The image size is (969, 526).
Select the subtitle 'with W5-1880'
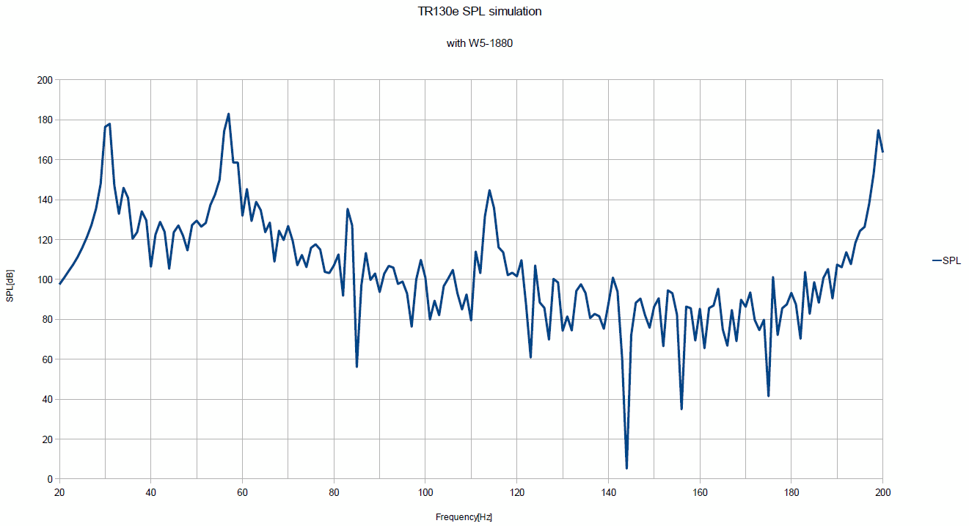coord(479,43)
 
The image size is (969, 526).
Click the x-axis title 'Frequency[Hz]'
coord(464,517)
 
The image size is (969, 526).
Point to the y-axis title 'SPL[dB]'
coord(10,286)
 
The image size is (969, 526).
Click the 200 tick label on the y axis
coord(45,80)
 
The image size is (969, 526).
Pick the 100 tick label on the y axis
coord(45,280)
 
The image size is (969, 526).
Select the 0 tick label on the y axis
coord(49,479)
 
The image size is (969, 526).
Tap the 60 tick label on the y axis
coord(47,359)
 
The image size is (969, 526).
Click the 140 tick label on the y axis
coord(45,200)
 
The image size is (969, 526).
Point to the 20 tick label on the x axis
coord(59,492)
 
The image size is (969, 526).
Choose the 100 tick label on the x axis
coord(425,492)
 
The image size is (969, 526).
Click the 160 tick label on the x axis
coord(700,492)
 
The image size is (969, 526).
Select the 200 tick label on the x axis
coord(883,492)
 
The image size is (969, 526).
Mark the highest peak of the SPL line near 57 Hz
coord(229,114)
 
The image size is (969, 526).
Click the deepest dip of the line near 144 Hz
coord(626,468)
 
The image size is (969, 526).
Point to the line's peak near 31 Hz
coord(109,124)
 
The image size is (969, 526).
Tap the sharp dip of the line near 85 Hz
coord(356,366)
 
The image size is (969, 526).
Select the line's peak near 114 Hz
coord(489,191)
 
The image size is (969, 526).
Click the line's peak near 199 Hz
coord(878,131)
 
